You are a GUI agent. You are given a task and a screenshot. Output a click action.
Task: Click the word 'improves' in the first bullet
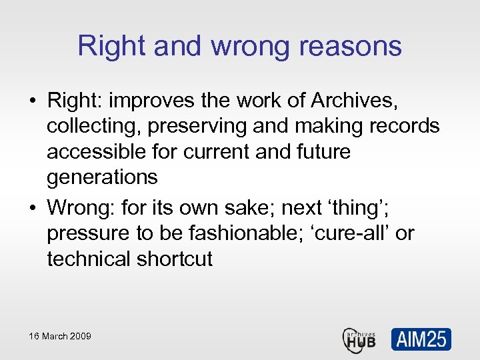[152, 101]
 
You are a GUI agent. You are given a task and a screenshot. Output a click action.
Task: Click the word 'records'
[406, 126]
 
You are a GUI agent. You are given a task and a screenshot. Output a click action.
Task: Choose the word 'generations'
[102, 177]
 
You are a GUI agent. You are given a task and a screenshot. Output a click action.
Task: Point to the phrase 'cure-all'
[357, 233]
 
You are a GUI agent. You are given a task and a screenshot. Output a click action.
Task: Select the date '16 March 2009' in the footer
[59, 336]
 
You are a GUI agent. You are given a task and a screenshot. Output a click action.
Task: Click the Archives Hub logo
[360, 339]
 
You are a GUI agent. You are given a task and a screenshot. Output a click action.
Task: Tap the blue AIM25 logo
[421, 339]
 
